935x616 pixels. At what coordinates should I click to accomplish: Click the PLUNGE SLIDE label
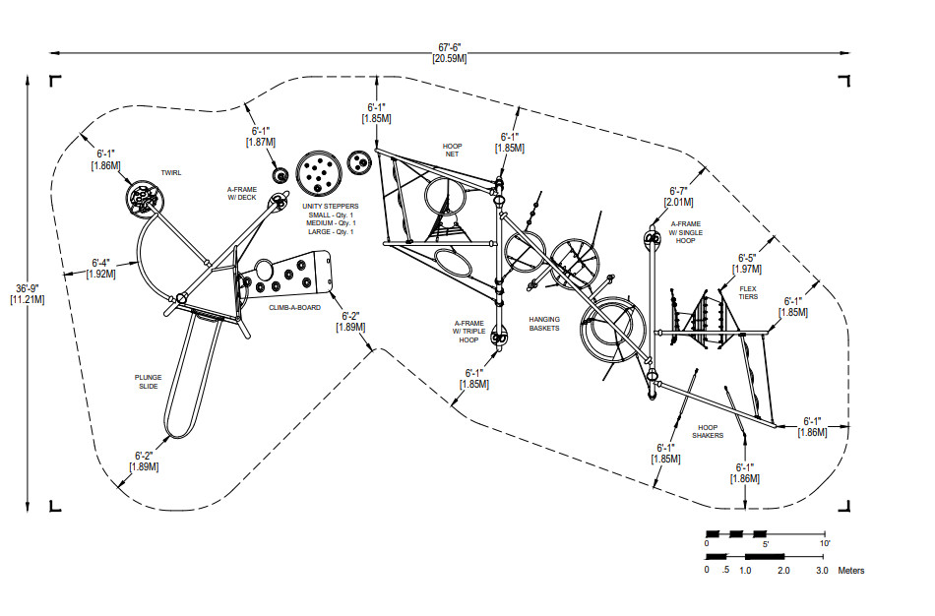(x=147, y=381)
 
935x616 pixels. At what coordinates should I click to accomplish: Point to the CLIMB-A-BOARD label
(x=295, y=307)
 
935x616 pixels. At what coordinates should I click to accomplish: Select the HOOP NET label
(x=452, y=150)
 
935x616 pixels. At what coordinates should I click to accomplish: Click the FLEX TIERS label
(x=749, y=293)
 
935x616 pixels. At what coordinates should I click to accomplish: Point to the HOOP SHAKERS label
(x=708, y=431)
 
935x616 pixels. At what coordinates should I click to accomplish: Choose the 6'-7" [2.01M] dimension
(x=679, y=196)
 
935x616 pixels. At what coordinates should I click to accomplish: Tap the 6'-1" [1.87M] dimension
(x=260, y=136)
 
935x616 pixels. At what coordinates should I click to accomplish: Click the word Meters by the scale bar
(x=851, y=571)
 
